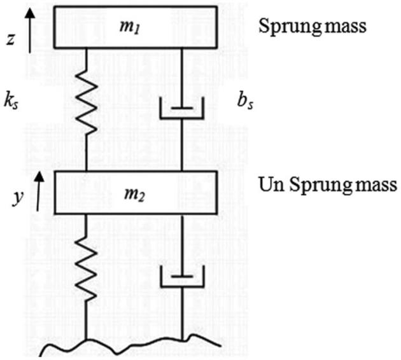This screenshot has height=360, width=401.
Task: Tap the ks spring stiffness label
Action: (x=9, y=102)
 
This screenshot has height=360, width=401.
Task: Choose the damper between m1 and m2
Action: (x=183, y=111)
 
